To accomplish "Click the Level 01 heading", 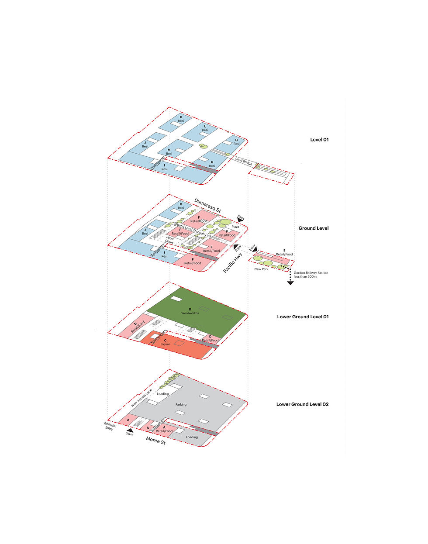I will tap(319, 140).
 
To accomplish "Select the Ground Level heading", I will tap(313, 228).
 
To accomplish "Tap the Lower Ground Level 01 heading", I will tap(302, 317).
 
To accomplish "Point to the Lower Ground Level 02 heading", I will tap(302, 405).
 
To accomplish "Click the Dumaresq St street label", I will tap(207, 205).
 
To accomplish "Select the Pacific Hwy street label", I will tap(232, 263).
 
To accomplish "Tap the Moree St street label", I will tap(155, 441).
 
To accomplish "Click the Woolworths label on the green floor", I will tap(190, 313).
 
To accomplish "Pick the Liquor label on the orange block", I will tap(165, 344).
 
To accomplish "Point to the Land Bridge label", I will tap(244, 161).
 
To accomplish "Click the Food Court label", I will tap(169, 240).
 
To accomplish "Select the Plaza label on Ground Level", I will tap(235, 227).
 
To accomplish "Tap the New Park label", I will tap(261, 269).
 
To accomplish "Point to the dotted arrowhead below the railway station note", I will tap(290, 283).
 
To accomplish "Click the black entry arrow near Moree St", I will tap(130, 430).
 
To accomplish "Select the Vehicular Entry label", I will tap(110, 426).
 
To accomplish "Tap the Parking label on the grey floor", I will tap(181, 405).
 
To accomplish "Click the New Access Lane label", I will tap(142, 398).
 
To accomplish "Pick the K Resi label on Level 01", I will tap(181, 119).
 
